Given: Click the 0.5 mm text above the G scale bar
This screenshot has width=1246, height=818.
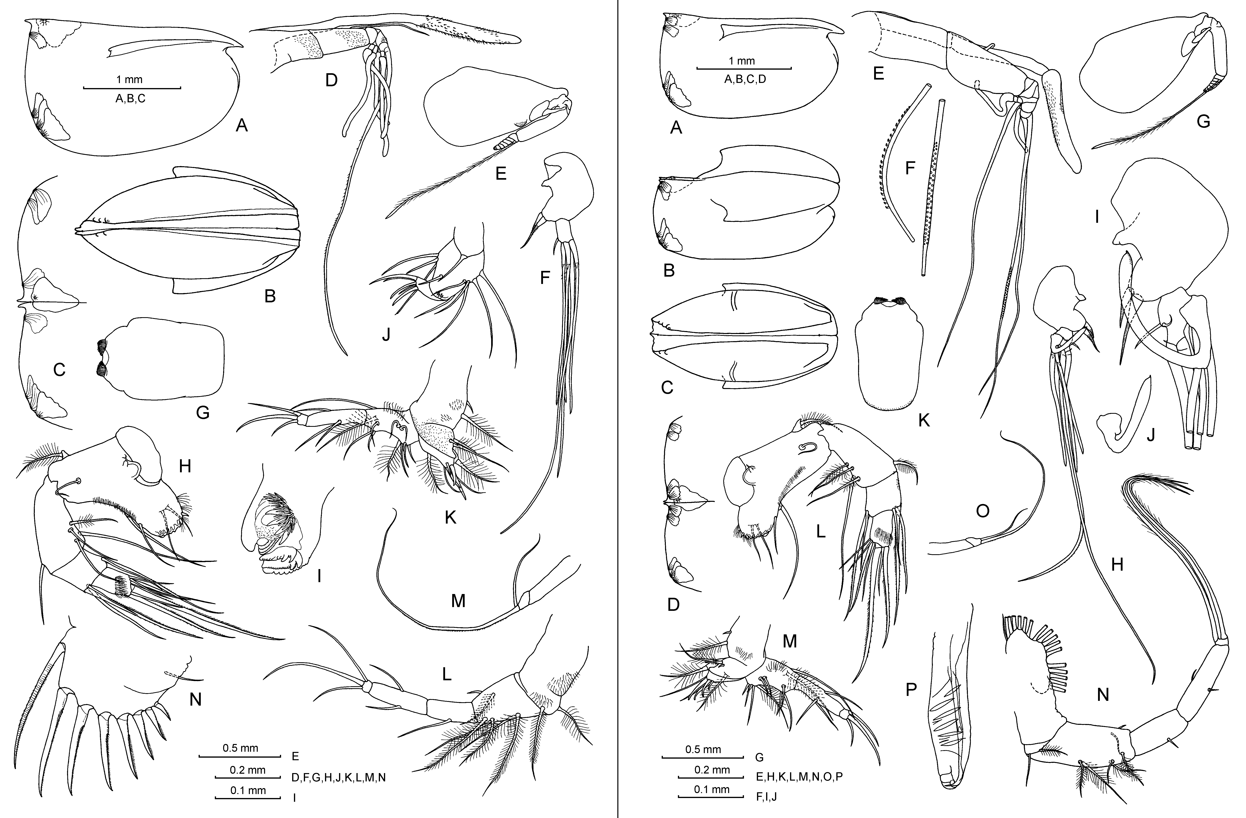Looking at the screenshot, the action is tap(703, 749).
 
